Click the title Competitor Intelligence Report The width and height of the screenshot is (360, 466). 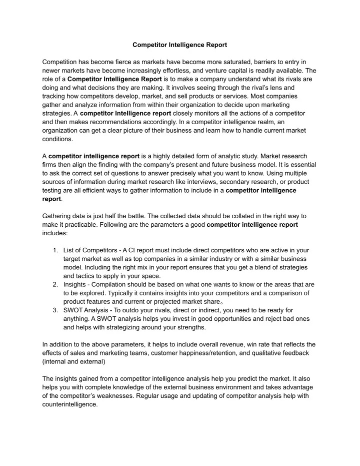[179, 45]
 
